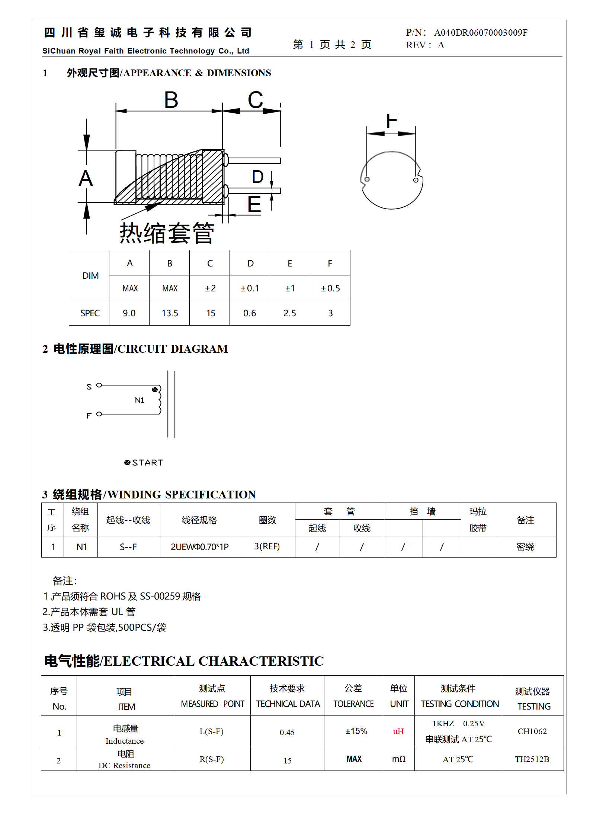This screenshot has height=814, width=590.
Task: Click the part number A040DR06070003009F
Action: click(x=480, y=33)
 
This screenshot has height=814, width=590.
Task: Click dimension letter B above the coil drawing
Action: click(x=171, y=100)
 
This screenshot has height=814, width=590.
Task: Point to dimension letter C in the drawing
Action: click(x=256, y=100)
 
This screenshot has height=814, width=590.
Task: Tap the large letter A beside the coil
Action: click(x=86, y=178)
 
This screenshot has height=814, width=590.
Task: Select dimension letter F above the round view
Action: click(x=391, y=121)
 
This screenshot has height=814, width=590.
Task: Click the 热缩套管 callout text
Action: click(x=167, y=233)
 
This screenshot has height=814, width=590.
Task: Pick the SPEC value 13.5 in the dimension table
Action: click(x=170, y=313)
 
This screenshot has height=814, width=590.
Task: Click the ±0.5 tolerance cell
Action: click(x=330, y=288)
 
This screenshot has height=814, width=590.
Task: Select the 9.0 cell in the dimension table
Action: click(x=129, y=313)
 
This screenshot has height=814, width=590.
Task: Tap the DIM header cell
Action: click(x=90, y=276)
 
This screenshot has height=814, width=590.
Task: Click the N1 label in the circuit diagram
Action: click(x=140, y=400)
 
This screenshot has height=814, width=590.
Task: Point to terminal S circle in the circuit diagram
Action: click(x=99, y=385)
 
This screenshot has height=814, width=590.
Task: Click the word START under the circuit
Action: click(x=148, y=463)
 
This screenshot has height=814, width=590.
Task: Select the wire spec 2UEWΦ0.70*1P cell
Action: click(x=199, y=547)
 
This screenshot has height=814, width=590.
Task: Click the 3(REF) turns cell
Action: click(x=267, y=546)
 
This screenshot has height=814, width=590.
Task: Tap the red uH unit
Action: click(x=398, y=731)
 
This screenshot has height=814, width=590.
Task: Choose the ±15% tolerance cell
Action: click(x=356, y=731)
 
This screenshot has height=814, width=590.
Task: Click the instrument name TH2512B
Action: click(x=532, y=759)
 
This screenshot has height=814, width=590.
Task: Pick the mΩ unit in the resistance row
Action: click(x=399, y=759)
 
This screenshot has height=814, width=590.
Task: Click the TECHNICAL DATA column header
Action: click(x=288, y=704)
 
